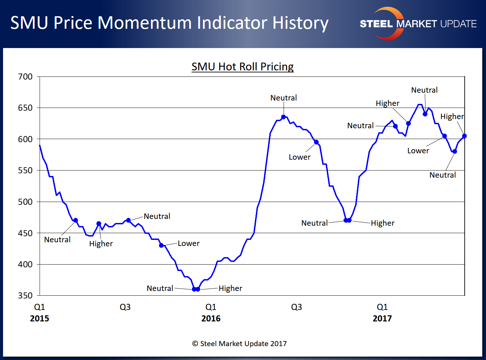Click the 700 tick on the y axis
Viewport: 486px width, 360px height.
coord(25,77)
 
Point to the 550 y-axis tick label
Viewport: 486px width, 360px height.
coord(25,171)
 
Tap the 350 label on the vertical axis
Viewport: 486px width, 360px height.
coord(25,296)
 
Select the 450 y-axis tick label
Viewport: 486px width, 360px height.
coord(25,233)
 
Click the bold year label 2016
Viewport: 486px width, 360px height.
coord(211,319)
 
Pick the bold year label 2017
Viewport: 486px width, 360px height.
coord(382,319)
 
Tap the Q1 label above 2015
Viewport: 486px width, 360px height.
coord(40,307)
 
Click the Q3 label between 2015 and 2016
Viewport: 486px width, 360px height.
coord(125,307)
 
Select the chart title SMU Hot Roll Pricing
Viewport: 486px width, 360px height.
coord(242,67)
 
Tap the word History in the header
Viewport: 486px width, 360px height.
coord(300,23)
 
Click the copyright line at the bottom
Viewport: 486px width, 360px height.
coord(239,344)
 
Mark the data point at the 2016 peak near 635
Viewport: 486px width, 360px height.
coord(284,117)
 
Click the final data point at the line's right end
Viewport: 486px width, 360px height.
coord(464,136)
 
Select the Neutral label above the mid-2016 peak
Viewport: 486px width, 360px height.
coord(284,98)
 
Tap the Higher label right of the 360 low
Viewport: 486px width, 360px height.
coord(230,289)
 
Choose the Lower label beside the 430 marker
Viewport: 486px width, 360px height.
coord(189,244)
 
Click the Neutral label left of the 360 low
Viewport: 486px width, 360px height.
coord(160,289)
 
